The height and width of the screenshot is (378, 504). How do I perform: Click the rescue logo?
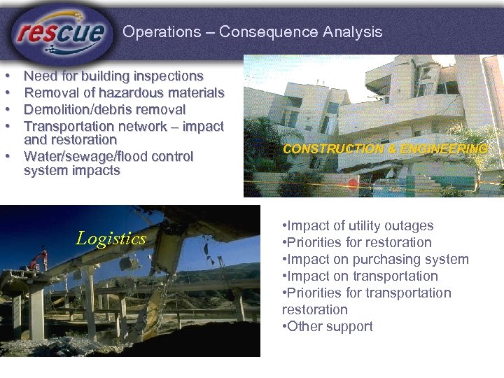(x=62, y=31)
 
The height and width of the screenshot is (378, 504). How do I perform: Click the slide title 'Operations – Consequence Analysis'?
(x=252, y=31)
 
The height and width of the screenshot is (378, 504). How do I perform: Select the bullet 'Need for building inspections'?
(x=113, y=76)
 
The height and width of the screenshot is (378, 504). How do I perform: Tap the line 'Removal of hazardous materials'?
(x=124, y=92)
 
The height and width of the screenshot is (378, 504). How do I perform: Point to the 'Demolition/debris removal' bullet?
(x=104, y=109)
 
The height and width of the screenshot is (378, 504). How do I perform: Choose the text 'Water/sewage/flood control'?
(x=108, y=156)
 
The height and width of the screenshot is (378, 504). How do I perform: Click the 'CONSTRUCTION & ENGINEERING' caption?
(x=384, y=148)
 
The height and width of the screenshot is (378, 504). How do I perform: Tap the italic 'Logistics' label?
(x=111, y=239)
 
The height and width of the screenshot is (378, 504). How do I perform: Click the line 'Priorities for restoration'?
(x=357, y=242)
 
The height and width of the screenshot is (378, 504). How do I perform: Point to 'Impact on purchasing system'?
(x=375, y=259)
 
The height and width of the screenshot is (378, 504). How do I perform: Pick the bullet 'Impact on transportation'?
(x=360, y=276)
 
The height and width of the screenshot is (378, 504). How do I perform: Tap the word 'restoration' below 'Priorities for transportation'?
(x=314, y=309)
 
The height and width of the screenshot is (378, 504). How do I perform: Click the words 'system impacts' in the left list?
(x=72, y=170)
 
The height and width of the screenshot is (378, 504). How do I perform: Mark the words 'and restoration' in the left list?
(x=70, y=139)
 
